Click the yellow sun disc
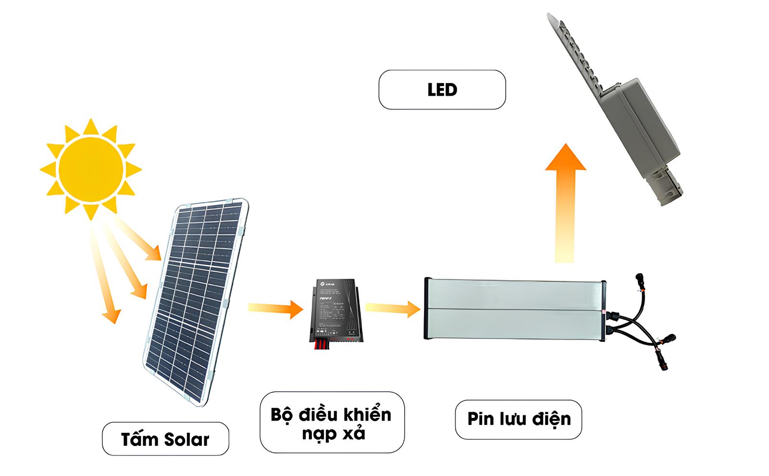(90, 169)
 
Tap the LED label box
(442, 90)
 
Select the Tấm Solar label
(165, 439)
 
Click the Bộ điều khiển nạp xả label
(332, 423)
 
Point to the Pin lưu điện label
(519, 419)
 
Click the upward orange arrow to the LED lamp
(565, 202)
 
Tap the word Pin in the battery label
(481, 419)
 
